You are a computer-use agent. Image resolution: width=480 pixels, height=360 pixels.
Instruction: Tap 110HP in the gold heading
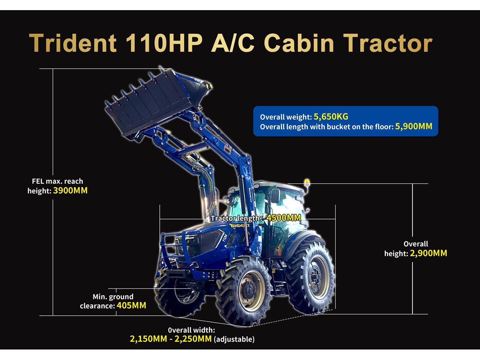164,43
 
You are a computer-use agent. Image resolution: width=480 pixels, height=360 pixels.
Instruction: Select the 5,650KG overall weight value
331,117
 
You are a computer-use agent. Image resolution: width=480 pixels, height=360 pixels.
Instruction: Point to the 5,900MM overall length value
414,126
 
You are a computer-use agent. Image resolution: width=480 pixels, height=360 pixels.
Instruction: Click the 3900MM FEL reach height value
70,190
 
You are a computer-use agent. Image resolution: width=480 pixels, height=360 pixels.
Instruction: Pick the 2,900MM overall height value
428,253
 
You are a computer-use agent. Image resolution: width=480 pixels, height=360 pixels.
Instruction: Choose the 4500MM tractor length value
283,218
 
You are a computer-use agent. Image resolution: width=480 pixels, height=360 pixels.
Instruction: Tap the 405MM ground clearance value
131,305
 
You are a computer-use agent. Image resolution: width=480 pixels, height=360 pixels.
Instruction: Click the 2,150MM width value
148,339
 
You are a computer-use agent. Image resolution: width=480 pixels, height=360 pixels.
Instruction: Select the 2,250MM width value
193,339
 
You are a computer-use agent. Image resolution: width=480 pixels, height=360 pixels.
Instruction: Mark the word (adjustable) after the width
234,339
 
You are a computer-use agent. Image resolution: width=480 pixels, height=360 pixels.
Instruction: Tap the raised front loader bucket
156,103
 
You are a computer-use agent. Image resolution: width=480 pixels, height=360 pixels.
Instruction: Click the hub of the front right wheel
249,291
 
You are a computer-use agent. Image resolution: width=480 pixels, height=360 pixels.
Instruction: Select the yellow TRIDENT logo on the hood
239,225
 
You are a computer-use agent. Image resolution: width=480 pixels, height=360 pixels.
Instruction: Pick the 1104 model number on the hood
225,237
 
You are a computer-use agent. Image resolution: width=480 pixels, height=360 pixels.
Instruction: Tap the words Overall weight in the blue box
285,117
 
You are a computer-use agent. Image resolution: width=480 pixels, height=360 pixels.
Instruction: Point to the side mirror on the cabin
276,195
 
